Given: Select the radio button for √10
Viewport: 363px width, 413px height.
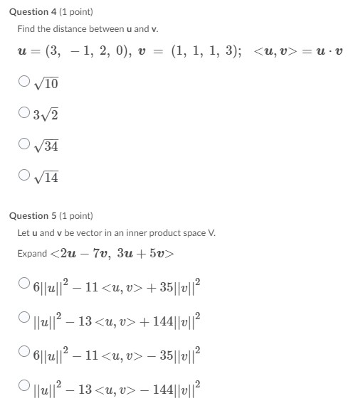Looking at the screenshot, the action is point(25,82).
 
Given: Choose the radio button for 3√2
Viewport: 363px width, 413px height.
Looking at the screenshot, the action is point(25,112).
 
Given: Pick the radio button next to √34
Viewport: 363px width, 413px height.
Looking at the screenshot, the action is point(25,144).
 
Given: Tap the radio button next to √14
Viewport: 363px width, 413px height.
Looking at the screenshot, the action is point(25,175).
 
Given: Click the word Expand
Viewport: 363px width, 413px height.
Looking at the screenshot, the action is point(32,254).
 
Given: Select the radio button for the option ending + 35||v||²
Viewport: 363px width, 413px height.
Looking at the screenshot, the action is point(25,285).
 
